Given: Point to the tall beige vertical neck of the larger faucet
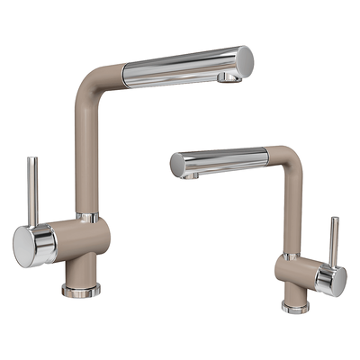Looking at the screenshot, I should (87, 153).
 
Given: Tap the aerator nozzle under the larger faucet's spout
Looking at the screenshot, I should (230, 79).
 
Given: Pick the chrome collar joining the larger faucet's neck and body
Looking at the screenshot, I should (87, 217).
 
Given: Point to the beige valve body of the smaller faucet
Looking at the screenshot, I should (301, 274).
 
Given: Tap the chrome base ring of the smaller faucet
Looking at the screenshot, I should (294, 307).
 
